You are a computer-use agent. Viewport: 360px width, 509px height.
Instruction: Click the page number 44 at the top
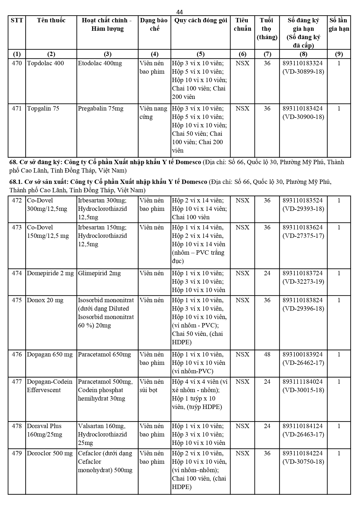(x=180, y=12)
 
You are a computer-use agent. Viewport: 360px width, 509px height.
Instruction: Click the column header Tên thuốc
(x=51, y=20)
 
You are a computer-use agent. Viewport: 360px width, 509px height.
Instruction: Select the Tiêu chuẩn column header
(x=242, y=24)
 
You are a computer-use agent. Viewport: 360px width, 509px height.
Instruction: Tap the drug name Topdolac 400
(x=45, y=63)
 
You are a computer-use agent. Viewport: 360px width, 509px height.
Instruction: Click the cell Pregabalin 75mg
(x=100, y=108)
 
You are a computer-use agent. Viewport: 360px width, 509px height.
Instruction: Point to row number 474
(x=17, y=273)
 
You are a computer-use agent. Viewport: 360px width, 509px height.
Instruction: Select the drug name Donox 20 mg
(x=45, y=300)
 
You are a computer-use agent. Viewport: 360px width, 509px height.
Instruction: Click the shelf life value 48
(x=267, y=354)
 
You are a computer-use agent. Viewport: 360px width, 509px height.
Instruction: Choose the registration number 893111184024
(x=303, y=382)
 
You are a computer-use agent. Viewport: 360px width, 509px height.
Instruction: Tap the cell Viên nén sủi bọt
(x=152, y=386)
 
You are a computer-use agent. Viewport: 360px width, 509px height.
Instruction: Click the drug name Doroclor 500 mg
(x=50, y=453)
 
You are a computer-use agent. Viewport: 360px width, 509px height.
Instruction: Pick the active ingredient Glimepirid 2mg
(x=99, y=273)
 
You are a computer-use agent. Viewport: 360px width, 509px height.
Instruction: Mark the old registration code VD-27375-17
(x=303, y=236)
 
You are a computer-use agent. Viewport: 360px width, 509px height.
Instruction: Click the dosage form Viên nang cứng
(x=153, y=113)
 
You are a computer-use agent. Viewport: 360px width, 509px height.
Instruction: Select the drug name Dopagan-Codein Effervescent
(x=50, y=386)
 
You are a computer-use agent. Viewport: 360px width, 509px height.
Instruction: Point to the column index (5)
(x=200, y=54)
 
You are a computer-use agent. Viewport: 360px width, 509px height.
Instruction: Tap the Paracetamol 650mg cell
(x=104, y=354)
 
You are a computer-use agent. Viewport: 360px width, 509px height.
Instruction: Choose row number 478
(x=17, y=426)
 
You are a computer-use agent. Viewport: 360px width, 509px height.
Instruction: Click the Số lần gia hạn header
(x=339, y=24)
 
